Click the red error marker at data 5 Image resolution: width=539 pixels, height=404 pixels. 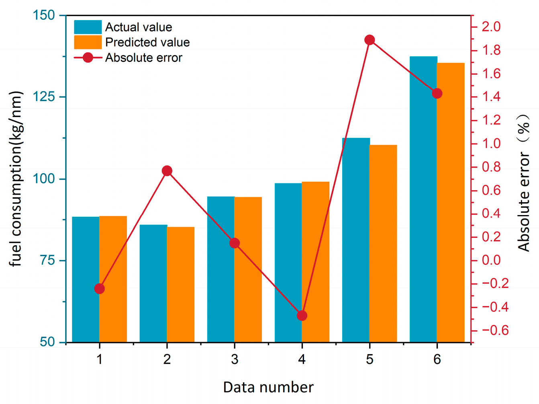pyautogui.click(x=370, y=40)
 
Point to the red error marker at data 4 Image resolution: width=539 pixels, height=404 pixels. pyautogui.click(x=302, y=316)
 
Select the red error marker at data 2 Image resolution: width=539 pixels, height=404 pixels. pyautogui.click(x=167, y=171)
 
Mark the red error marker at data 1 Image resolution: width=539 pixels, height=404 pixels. pyautogui.click(x=100, y=289)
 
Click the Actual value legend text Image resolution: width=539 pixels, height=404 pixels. pyautogui.click(x=139, y=27)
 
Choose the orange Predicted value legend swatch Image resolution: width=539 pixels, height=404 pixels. pyautogui.click(x=88, y=42)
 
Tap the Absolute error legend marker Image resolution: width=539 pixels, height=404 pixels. pyautogui.click(x=88, y=57)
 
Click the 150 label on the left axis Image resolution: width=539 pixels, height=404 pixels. pyautogui.click(x=43, y=15)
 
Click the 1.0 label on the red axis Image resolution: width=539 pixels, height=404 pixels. pyautogui.click(x=491, y=144)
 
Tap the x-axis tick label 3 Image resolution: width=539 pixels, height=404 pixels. pyautogui.click(x=235, y=359)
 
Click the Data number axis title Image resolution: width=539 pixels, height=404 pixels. pyautogui.click(x=268, y=387)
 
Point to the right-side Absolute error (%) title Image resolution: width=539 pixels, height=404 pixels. pyautogui.click(x=523, y=183)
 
